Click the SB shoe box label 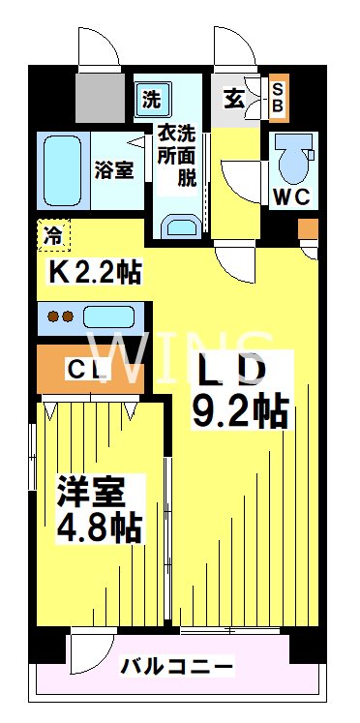(x=278, y=97)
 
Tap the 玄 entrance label (x=235, y=98)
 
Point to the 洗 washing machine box (x=152, y=97)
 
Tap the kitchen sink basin (x=111, y=316)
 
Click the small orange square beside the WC (x=307, y=229)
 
